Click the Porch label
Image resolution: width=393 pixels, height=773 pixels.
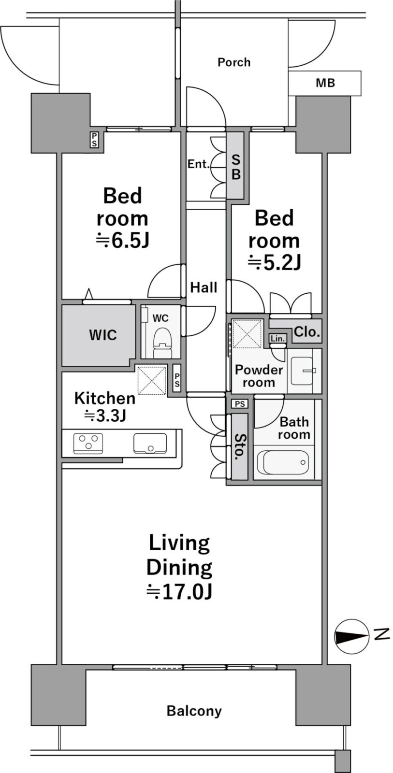pyautogui.click(x=234, y=62)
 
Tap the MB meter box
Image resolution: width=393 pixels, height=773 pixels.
pyautogui.click(x=325, y=83)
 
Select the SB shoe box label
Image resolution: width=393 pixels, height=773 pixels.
pyautogui.click(x=236, y=167)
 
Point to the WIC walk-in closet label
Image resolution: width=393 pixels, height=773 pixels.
pyautogui.click(x=103, y=335)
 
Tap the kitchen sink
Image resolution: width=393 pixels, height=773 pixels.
pyautogui.click(x=150, y=443)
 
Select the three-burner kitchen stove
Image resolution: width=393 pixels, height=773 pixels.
pyautogui.click(x=88, y=443)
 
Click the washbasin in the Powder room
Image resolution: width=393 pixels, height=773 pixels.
pyautogui.click(x=304, y=371)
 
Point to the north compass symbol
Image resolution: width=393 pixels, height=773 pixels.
pyautogui.click(x=350, y=637)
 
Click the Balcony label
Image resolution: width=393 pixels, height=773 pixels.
pyautogui.click(x=194, y=711)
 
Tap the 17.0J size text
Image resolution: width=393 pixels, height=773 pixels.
pyautogui.click(x=179, y=592)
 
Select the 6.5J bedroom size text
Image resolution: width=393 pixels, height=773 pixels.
pyautogui.click(x=123, y=241)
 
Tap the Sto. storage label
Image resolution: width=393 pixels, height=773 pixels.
pyautogui.click(x=238, y=447)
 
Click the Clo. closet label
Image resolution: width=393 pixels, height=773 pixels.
pyautogui.click(x=306, y=332)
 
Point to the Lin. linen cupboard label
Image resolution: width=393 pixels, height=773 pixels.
pyautogui.click(x=277, y=339)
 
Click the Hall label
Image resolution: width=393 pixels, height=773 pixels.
pyautogui.click(x=204, y=287)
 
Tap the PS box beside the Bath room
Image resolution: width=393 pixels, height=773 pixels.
pyautogui.click(x=240, y=404)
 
